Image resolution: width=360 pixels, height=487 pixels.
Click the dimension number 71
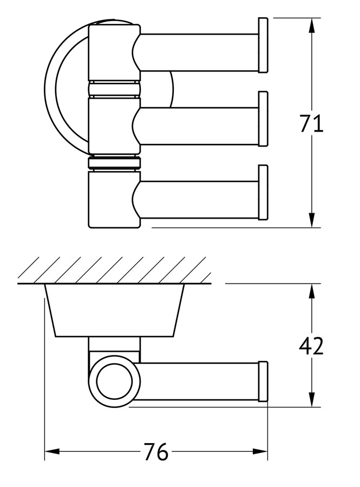pyautogui.click(x=311, y=124)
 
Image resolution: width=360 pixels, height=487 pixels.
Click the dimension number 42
pyautogui.click(x=311, y=345)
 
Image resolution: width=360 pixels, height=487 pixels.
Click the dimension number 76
pyautogui.click(x=156, y=451)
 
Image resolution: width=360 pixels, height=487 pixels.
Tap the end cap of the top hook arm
pyautogui.click(x=263, y=45)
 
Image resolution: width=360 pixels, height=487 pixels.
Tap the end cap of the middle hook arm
pyautogui.click(x=263, y=119)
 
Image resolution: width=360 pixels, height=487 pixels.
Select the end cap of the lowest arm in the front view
pyautogui.click(x=263, y=192)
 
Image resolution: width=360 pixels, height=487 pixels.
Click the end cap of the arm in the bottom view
pyautogui.click(x=263, y=381)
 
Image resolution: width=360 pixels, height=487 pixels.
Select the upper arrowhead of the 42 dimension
pyautogui.click(x=312, y=291)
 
